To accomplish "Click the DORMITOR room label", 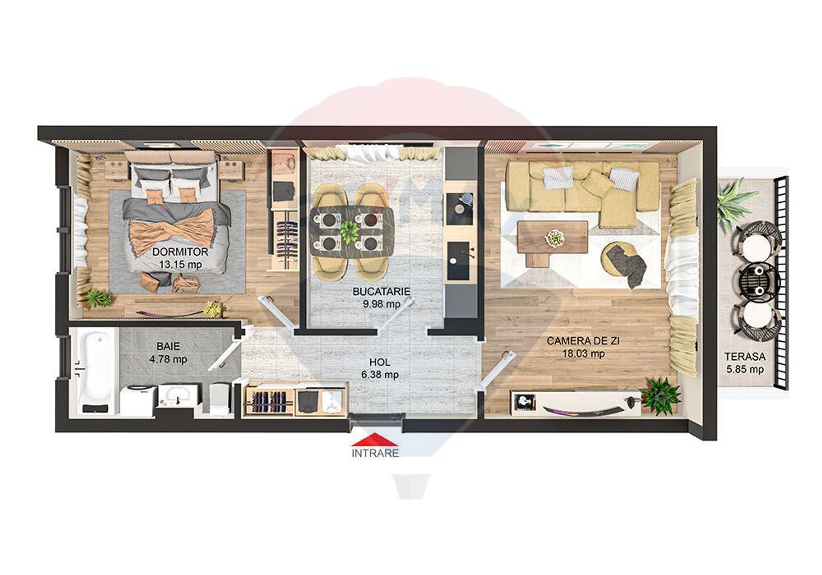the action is pos(180,252).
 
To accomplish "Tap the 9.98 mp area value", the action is pos(381,304).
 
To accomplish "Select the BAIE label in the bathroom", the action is pos(168,346).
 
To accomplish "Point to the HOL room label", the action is pos(380,362).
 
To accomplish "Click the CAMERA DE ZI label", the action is pos(583,341).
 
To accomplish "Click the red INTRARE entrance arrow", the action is pos(375,440).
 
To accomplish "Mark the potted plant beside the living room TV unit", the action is pos(662,395).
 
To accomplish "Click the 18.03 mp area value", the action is pos(584,354).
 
